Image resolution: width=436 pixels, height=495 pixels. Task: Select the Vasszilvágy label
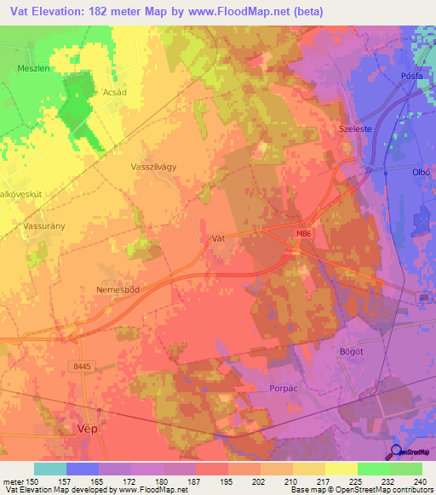154,167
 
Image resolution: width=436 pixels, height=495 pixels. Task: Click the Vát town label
217,240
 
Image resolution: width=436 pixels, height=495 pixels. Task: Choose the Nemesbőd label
117,289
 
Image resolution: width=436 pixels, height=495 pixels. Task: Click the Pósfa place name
411,76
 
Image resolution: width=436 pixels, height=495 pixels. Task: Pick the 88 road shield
423,296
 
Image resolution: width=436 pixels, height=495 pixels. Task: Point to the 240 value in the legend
420,481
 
